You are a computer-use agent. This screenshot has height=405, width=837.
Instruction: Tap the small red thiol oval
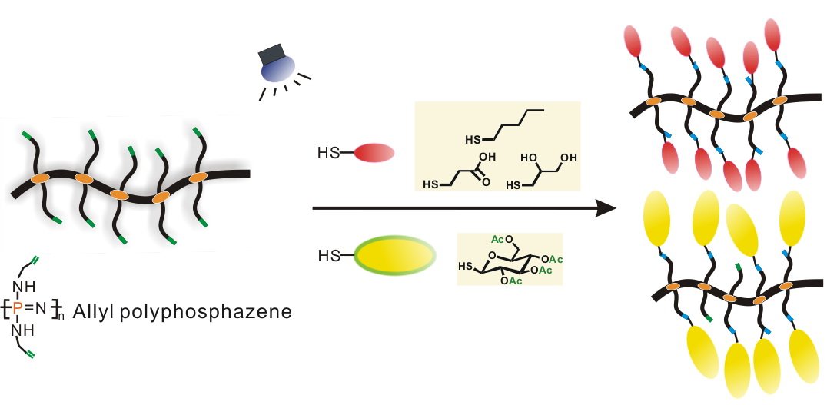coord(374,153)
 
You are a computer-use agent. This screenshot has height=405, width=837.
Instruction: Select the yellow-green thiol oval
coord(394,254)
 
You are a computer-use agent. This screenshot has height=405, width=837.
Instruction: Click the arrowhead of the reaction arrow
coord(607,207)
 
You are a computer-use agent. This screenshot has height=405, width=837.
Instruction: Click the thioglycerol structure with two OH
coord(542,171)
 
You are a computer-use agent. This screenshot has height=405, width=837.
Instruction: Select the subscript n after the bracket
coord(61,317)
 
